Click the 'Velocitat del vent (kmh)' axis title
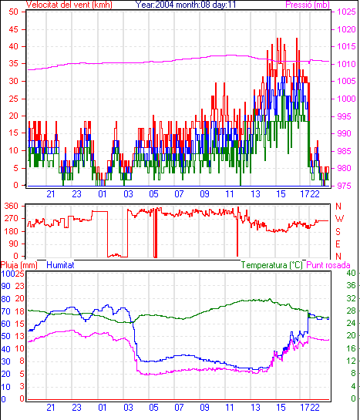(69, 5)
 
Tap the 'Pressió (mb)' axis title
(308, 5)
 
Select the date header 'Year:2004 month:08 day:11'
(186, 5)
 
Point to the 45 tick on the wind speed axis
(14, 29)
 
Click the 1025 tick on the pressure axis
(346, 12)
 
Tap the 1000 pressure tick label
(346, 99)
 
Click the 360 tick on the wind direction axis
(12, 206)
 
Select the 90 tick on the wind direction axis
(14, 244)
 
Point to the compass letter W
(339, 219)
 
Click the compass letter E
(338, 244)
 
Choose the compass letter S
(338, 231)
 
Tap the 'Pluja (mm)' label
(19, 265)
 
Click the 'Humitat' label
(60, 265)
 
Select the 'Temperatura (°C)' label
(272, 265)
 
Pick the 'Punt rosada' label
(328, 265)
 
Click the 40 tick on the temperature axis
(351, 273)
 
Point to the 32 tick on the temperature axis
(351, 298)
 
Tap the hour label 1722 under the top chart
(310, 194)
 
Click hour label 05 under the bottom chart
(153, 408)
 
